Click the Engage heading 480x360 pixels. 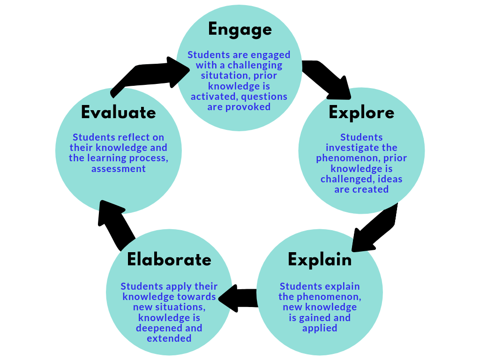(x=240, y=30)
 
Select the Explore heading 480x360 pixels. (x=361, y=113)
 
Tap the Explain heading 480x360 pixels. (x=320, y=259)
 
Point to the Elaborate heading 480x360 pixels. (x=169, y=259)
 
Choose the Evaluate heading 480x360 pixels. (x=118, y=112)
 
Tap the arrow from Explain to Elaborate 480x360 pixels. (x=238, y=299)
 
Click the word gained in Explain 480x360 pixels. (x=314, y=318)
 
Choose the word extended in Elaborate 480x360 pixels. (x=169, y=338)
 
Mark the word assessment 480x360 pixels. (x=118, y=169)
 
